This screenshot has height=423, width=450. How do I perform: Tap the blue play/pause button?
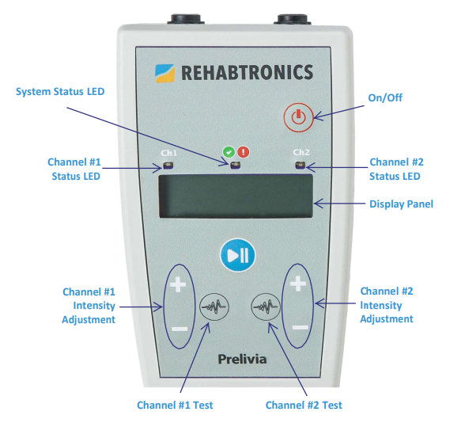click(x=238, y=255)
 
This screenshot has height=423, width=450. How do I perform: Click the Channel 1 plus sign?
click(x=178, y=284)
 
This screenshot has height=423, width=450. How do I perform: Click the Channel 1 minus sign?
click(x=180, y=329)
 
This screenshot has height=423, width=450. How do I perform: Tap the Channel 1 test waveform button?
click(x=214, y=307)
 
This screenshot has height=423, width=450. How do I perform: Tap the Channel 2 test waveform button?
click(x=266, y=307)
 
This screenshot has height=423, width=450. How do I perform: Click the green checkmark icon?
click(x=229, y=152)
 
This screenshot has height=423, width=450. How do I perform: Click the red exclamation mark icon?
click(x=244, y=152)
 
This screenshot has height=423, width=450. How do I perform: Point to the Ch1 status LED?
click(x=168, y=166)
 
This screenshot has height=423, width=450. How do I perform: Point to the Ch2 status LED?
click(x=301, y=166)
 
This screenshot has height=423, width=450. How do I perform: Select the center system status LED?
click(x=235, y=166)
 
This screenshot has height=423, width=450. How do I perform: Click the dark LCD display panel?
click(x=236, y=196)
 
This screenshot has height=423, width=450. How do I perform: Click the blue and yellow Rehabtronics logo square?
click(x=164, y=74)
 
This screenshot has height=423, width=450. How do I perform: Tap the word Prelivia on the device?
click(x=242, y=359)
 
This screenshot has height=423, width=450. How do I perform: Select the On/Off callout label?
click(x=385, y=97)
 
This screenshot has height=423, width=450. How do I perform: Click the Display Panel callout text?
click(x=401, y=204)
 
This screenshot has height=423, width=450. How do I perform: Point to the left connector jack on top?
click(x=185, y=19)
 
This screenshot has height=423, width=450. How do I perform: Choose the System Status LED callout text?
click(x=60, y=92)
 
